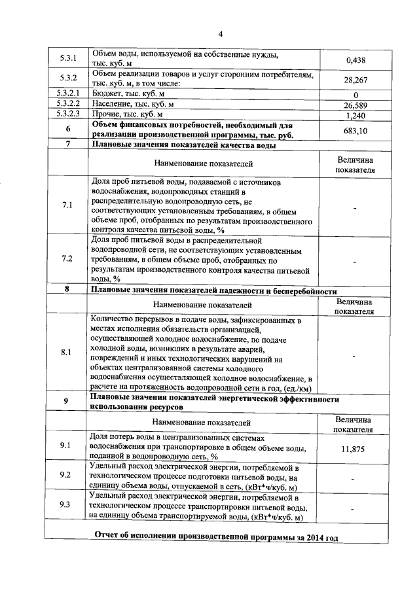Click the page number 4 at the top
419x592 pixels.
pos(221,35)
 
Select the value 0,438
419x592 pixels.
pos(354,61)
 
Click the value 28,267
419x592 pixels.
pos(354,80)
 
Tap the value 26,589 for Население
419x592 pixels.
pos(354,105)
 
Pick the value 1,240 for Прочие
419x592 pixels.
pos(354,116)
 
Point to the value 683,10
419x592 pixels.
pos(354,131)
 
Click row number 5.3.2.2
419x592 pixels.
pos(67,103)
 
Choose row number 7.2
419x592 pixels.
pos(67,258)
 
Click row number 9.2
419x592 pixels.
pos(65,474)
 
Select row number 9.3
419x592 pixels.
pos(65,504)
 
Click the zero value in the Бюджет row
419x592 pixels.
pos(354,96)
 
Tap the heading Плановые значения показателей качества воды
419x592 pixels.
pos(184,145)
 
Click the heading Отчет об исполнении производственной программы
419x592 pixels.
pos(216,537)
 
